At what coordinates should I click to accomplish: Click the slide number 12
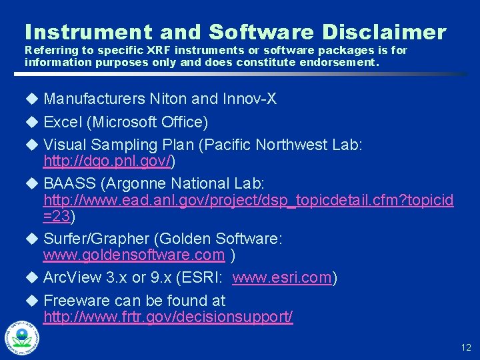point(465,347)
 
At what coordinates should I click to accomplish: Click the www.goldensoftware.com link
point(134,255)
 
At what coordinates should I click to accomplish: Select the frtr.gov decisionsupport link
point(168,317)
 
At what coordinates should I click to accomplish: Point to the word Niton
point(169,99)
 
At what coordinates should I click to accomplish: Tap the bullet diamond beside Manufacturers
point(30,99)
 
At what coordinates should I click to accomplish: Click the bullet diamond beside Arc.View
point(30,277)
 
